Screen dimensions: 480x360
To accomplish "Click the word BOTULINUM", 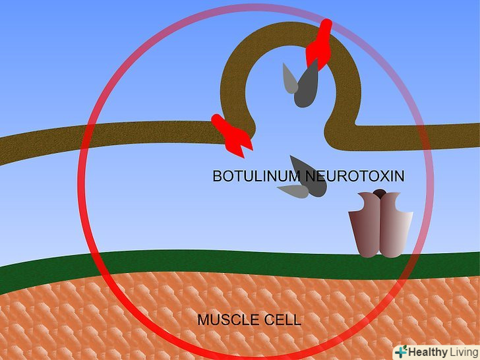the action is click(256, 176).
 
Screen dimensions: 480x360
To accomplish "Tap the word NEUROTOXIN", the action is click(355, 176).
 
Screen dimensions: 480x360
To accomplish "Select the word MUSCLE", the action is click(229, 320).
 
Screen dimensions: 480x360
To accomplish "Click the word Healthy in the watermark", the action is click(428, 351).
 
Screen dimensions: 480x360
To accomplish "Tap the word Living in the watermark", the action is click(464, 351).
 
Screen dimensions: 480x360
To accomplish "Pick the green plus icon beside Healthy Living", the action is click(401, 351).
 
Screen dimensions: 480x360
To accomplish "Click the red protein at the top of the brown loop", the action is click(319, 44).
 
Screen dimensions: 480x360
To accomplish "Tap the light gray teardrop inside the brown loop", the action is click(289, 78).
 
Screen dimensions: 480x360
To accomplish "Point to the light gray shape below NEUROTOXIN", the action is click(293, 191).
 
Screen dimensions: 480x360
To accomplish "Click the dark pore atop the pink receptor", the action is click(380, 193).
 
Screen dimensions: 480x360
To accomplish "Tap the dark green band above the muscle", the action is click(240, 267).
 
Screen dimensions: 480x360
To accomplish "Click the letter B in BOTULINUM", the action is click(217, 176).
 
